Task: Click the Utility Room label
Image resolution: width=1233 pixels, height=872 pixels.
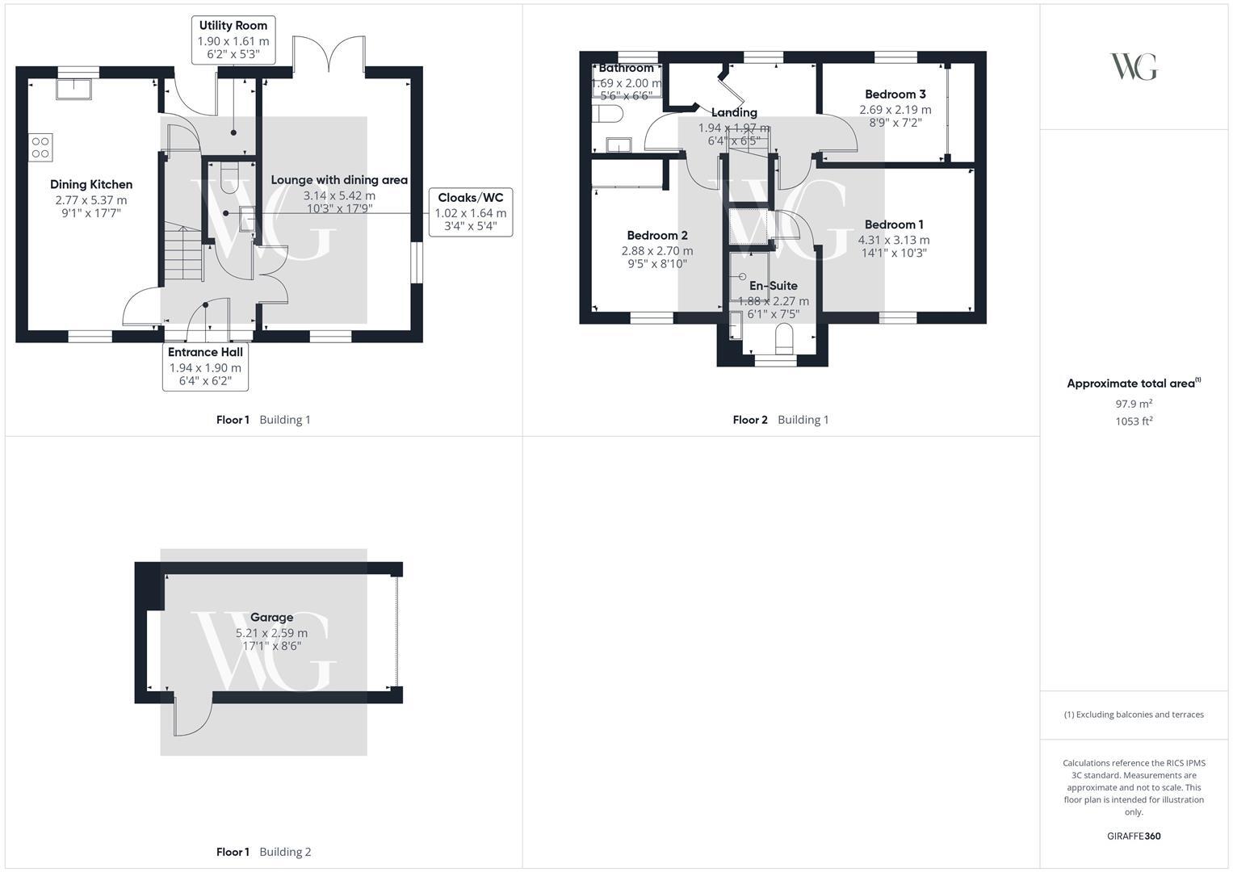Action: [233, 25]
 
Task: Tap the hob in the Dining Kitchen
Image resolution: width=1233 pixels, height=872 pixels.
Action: [40, 148]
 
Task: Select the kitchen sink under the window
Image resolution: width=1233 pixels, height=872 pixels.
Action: [73, 89]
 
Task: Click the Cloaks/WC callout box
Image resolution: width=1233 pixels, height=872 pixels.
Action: [471, 212]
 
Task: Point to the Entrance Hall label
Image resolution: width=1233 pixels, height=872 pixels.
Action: [205, 352]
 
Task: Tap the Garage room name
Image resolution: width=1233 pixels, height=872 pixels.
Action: [272, 617]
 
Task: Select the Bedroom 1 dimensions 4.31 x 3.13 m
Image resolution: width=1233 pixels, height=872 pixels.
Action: [894, 240]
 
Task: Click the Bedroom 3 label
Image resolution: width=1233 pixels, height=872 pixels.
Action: [895, 94]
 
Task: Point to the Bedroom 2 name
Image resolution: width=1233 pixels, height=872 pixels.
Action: [657, 235]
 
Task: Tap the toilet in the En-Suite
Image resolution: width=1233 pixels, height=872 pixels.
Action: [784, 338]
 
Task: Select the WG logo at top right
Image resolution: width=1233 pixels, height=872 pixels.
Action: [1134, 66]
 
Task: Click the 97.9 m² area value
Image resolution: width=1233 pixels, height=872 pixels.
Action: [1134, 404]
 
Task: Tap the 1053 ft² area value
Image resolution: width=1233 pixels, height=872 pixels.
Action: [1134, 421]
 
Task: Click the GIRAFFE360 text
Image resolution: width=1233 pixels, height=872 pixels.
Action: [1134, 836]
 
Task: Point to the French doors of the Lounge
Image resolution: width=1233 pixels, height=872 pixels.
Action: [329, 54]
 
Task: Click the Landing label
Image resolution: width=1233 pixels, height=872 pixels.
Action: [734, 112]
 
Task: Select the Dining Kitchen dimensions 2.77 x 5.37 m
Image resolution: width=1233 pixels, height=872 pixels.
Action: [91, 200]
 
